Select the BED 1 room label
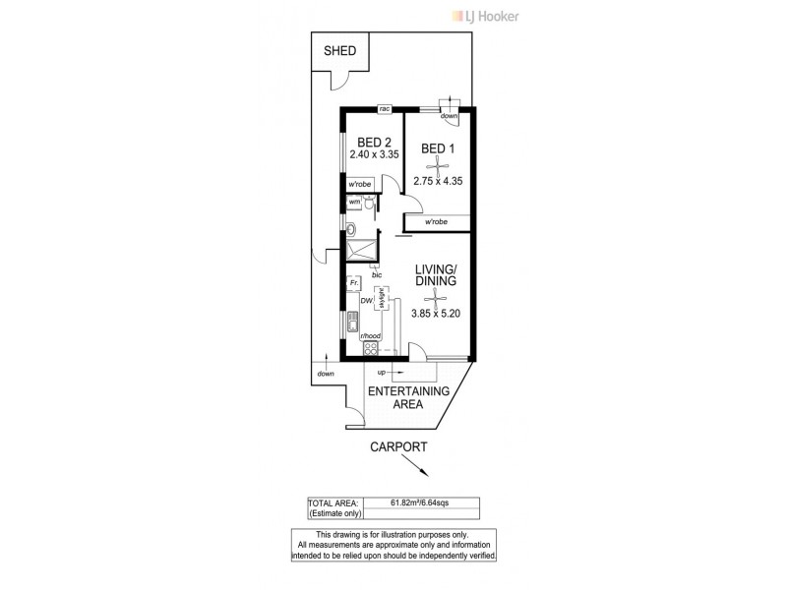[438, 148]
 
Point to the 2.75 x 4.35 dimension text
[438, 182]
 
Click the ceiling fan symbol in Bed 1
[438, 166]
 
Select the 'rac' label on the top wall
[386, 108]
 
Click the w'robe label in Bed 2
[356, 184]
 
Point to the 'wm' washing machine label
[353, 202]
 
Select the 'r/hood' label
[371, 336]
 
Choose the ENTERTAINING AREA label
[408, 397]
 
